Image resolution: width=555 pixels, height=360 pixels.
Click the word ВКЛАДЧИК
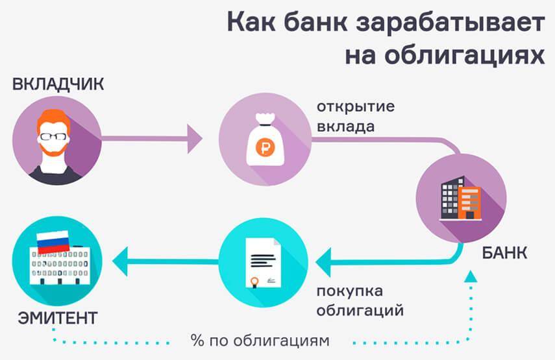pos(58,84)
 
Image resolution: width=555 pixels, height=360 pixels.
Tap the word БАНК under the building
pos(504,252)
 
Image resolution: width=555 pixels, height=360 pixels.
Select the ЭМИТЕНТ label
pos(58,318)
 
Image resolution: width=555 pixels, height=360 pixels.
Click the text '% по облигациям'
pos(260,340)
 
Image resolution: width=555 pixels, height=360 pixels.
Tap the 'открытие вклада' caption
pos(355,115)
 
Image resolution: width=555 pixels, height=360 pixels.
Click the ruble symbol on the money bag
pos(264,147)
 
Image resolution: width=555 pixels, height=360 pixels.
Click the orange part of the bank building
pos(469,202)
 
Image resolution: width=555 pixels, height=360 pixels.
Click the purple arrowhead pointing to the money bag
pos(195,138)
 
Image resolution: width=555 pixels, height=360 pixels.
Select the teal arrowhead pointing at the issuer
pos(119,262)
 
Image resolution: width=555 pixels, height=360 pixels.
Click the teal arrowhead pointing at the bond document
pos(323,261)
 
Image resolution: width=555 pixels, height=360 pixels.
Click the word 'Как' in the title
pos(253,23)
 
